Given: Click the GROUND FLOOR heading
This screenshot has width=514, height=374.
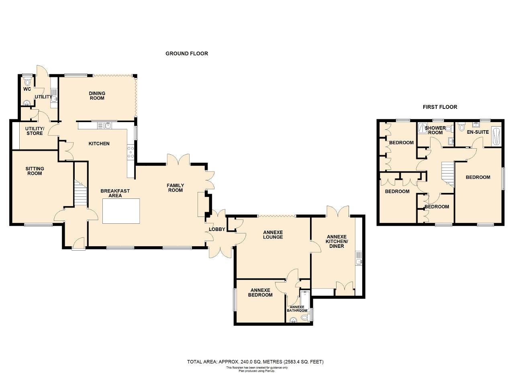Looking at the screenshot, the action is coord(187,53).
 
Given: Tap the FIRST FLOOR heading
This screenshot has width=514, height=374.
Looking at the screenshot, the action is coord(440,107).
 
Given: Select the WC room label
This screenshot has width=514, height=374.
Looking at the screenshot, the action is coord(27,89).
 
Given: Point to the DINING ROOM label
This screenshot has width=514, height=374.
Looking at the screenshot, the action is coord(97,96).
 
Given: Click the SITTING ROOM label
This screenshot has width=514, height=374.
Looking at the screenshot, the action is coord(35,171).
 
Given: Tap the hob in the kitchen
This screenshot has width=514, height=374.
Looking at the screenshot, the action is coord(131,152).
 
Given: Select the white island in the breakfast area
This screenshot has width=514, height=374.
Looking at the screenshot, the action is coord(121,211).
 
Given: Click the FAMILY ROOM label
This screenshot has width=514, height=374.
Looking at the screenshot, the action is coord(175,188).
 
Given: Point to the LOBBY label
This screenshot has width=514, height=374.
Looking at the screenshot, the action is coord(217,229).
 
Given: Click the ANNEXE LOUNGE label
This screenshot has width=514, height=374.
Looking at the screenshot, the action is coord(273,235).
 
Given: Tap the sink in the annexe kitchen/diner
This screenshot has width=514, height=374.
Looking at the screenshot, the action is coord(359,258).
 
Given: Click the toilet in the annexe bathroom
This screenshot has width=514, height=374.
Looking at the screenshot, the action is coord(305,318).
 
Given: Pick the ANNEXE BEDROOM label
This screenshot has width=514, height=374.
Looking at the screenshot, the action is coord(260,292).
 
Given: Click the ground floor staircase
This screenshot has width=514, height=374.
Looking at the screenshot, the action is coord(81,192).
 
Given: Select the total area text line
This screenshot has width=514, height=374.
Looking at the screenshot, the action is coord(255,362).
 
